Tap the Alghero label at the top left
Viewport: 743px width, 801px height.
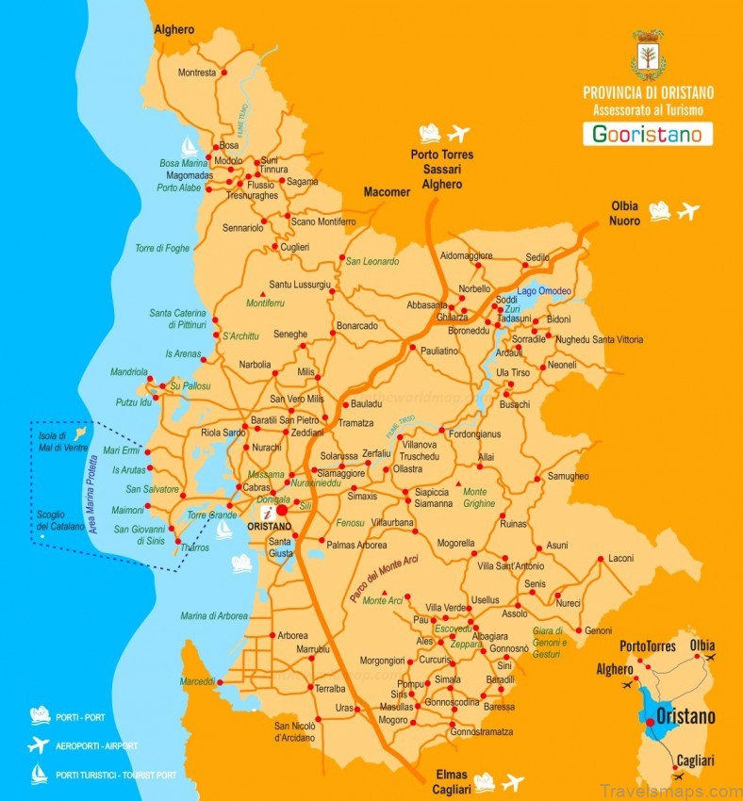[174, 30]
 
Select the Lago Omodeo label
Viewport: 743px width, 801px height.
[544, 290]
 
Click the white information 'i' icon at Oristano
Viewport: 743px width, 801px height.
[268, 513]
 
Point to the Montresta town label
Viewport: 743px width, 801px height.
[197, 73]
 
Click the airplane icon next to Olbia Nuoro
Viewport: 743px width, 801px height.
[688, 211]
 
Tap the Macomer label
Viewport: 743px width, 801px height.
[388, 192]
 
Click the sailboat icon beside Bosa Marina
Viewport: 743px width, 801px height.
[189, 147]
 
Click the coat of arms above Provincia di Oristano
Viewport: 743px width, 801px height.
[648, 56]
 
